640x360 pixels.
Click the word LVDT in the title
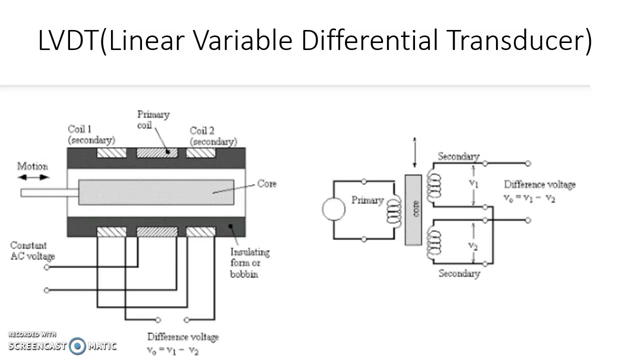[68, 40]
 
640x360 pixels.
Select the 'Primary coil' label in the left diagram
[153, 119]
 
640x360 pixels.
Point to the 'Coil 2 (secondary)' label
[213, 136]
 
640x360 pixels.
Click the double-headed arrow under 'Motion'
[33, 177]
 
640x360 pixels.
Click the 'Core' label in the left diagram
[266, 183]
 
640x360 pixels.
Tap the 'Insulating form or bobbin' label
[249, 263]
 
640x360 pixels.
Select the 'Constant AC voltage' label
[32, 251]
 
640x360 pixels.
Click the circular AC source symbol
[333, 209]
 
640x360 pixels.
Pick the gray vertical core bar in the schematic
[413, 209]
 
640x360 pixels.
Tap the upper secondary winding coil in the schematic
[433, 185]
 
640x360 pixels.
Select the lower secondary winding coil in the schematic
[433, 245]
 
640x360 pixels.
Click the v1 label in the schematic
[473, 183]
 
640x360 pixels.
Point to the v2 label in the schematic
[473, 245]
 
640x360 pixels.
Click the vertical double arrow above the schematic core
[414, 152]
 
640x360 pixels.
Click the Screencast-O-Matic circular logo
[77, 346]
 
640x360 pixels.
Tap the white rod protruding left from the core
[49, 192]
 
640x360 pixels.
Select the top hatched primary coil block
[157, 152]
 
